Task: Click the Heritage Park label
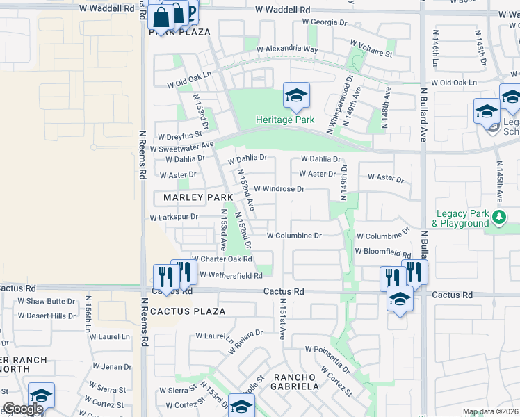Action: (x=284, y=120)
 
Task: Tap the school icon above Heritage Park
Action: (x=296, y=96)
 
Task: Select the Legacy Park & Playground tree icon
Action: (x=498, y=218)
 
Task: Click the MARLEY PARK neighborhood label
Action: (x=198, y=198)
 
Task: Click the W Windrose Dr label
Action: (x=279, y=188)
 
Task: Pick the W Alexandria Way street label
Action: (x=287, y=49)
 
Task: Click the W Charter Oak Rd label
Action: (x=222, y=259)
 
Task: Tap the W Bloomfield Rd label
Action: (x=383, y=251)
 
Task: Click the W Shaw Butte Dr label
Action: (x=46, y=301)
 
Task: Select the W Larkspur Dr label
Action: (x=174, y=218)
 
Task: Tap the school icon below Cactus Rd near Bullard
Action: (x=400, y=300)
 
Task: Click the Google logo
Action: (x=23, y=409)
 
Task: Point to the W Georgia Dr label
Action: (x=324, y=22)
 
